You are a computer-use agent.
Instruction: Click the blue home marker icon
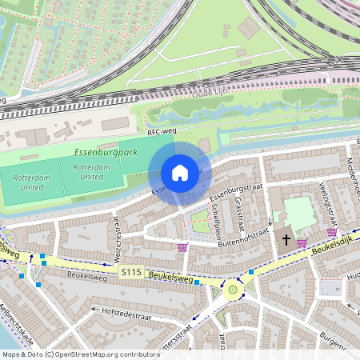[180, 173]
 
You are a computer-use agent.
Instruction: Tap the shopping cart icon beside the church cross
[302, 242]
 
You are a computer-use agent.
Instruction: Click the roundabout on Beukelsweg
[233, 289]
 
